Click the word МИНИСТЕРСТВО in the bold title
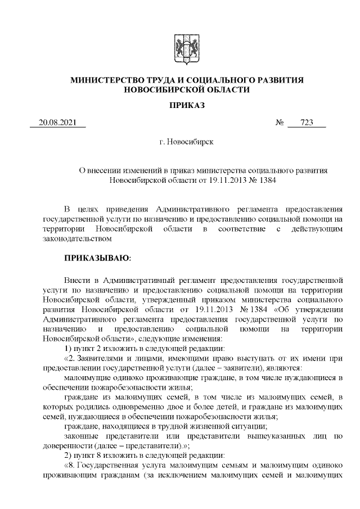[102, 80]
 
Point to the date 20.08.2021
[57, 123]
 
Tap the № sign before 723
[280, 123]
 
